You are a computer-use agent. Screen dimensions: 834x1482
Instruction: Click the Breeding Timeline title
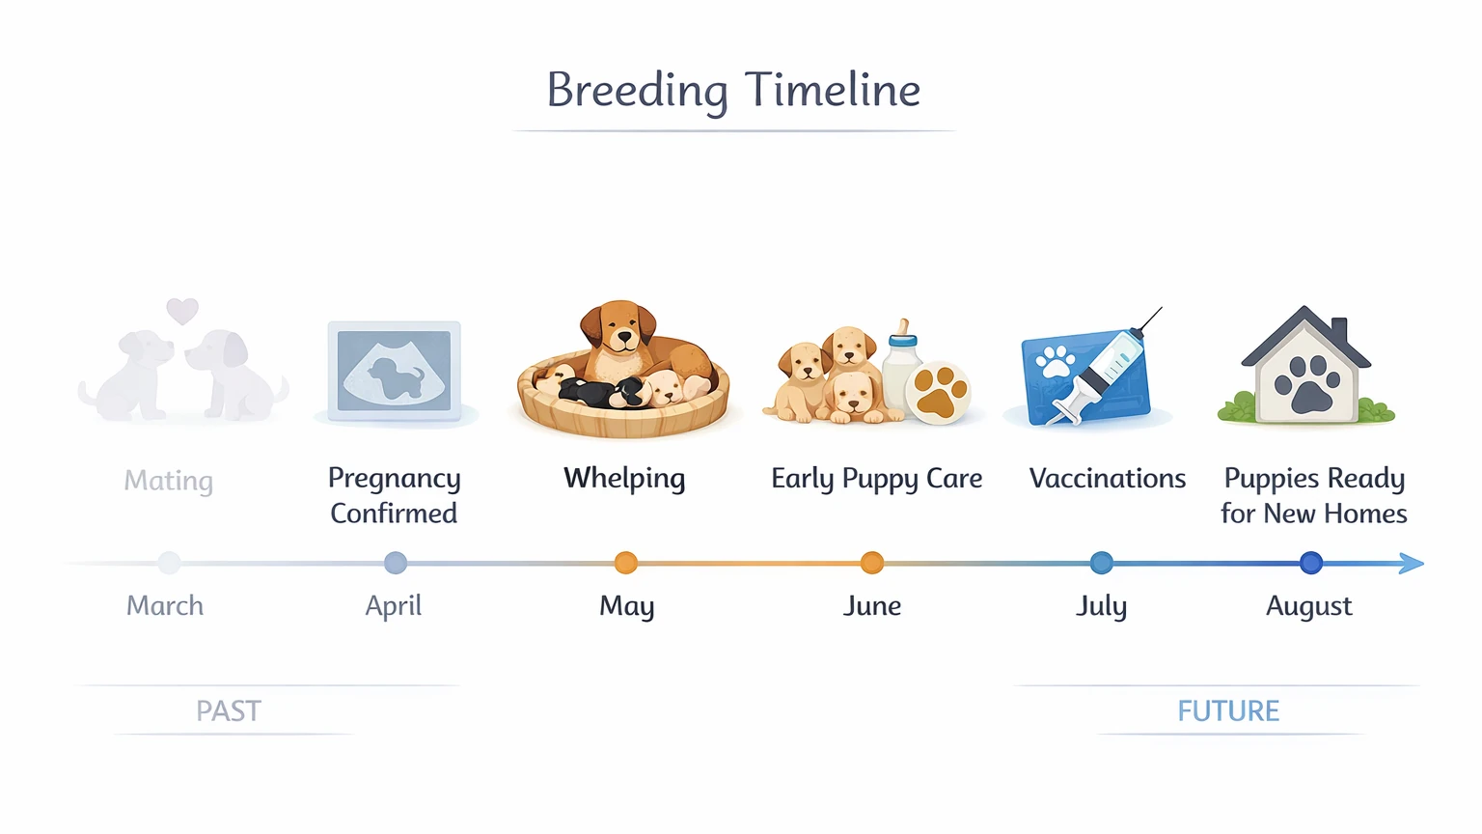pyautogui.click(x=733, y=91)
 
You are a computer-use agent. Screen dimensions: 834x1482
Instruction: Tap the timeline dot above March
pyautogui.click(x=169, y=563)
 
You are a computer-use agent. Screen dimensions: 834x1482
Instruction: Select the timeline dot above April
pyautogui.click(x=395, y=563)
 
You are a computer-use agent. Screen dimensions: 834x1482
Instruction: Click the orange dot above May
pyautogui.click(x=626, y=563)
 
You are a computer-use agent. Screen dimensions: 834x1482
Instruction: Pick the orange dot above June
pyautogui.click(x=872, y=563)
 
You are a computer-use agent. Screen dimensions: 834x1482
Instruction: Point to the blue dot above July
pyautogui.click(x=1101, y=563)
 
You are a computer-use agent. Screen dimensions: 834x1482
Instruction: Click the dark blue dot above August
pyautogui.click(x=1310, y=563)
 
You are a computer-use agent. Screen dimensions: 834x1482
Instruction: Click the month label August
pyautogui.click(x=1308, y=606)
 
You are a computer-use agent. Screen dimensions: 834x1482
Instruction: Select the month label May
pyautogui.click(x=626, y=606)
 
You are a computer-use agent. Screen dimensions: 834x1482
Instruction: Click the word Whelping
pyautogui.click(x=624, y=479)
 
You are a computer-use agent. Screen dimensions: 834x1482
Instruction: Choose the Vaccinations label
pyautogui.click(x=1107, y=479)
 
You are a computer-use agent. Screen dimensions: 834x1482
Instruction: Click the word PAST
pyautogui.click(x=229, y=711)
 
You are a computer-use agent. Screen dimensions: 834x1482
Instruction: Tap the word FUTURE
pyautogui.click(x=1227, y=711)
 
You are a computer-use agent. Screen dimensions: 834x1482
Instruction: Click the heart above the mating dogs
pyautogui.click(x=182, y=310)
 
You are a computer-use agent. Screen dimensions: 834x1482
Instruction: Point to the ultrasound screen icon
pyautogui.click(x=394, y=372)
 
